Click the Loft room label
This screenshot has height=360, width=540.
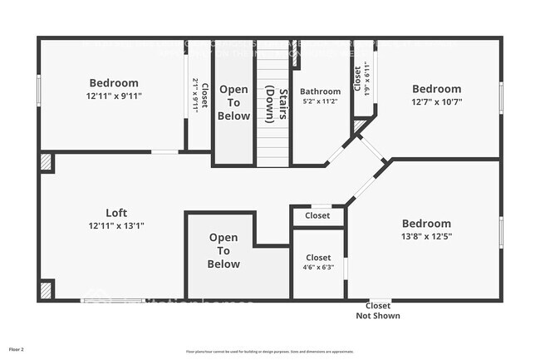click(x=116, y=212)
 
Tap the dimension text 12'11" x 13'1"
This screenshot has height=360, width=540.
click(x=116, y=225)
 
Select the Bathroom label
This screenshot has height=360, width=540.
click(x=320, y=91)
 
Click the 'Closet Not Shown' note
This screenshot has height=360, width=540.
click(x=378, y=310)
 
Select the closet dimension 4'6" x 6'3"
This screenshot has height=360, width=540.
click(x=317, y=268)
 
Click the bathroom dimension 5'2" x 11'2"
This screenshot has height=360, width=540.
click(x=320, y=101)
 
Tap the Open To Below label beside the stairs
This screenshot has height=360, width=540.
click(x=233, y=102)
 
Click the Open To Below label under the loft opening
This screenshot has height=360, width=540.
click(x=223, y=251)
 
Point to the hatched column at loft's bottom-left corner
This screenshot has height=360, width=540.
click(x=47, y=290)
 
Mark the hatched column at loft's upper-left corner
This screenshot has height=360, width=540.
click(x=47, y=161)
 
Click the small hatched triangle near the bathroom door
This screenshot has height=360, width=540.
click(x=359, y=126)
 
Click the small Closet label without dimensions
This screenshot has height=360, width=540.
click(x=317, y=215)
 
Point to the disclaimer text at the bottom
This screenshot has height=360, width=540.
click(x=269, y=352)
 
